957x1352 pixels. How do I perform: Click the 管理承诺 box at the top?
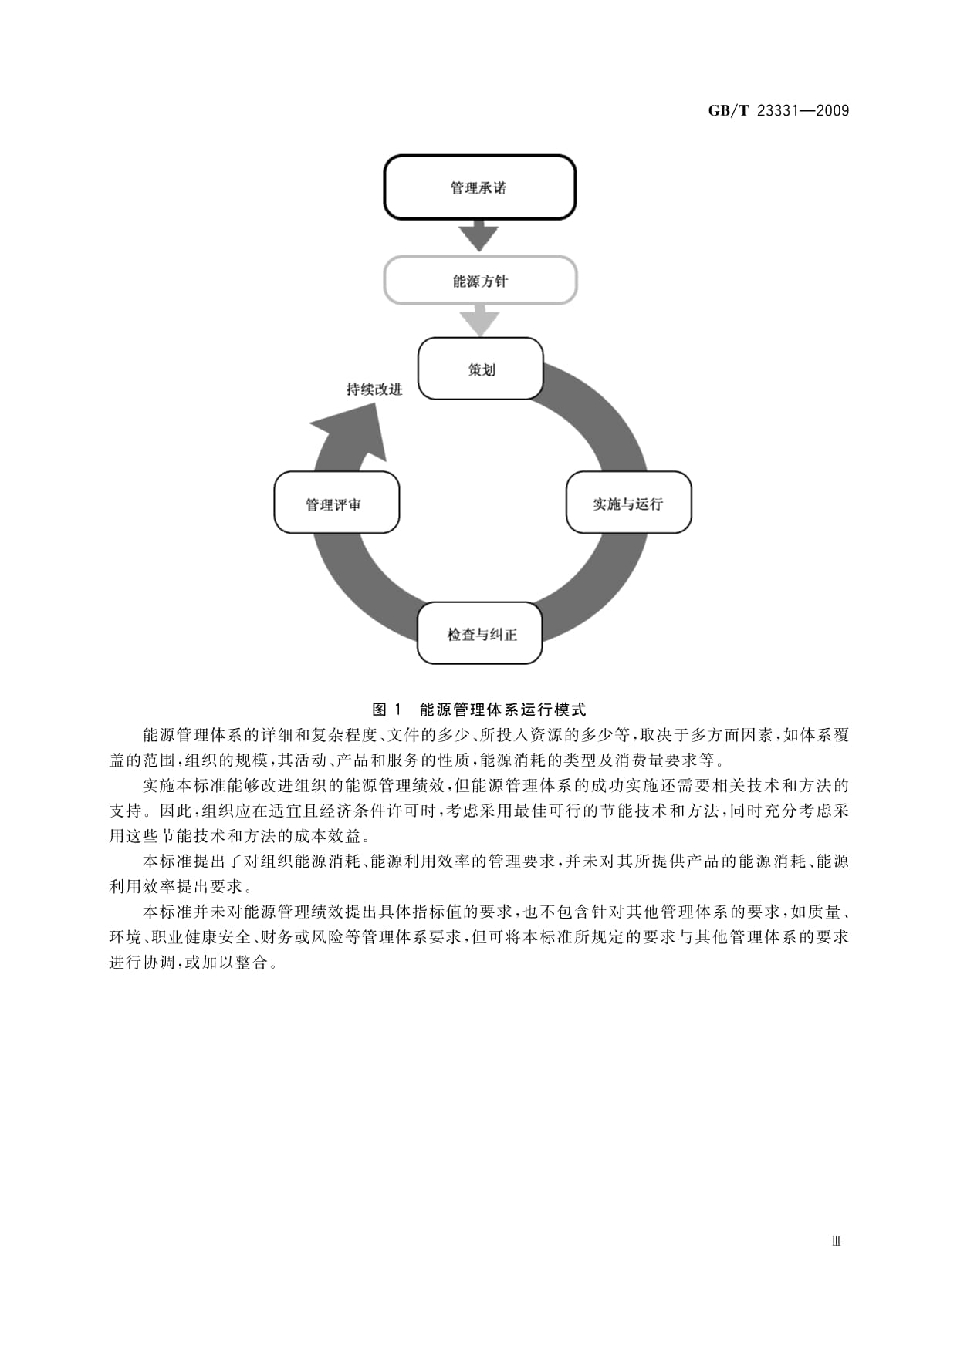point(479,187)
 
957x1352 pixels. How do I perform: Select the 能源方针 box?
point(480,281)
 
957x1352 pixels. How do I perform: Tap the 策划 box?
point(481,369)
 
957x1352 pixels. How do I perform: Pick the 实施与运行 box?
point(628,502)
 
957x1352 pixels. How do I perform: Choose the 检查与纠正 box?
point(480,633)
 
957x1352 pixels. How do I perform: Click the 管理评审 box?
point(336,503)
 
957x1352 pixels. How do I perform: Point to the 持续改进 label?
point(374,389)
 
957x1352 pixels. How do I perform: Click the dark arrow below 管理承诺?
point(479,236)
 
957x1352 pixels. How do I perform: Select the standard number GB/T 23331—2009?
point(779,110)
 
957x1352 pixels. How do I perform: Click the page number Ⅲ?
point(836,1240)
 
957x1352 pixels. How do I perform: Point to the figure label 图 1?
point(387,710)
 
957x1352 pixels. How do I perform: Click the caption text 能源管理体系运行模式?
point(502,710)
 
